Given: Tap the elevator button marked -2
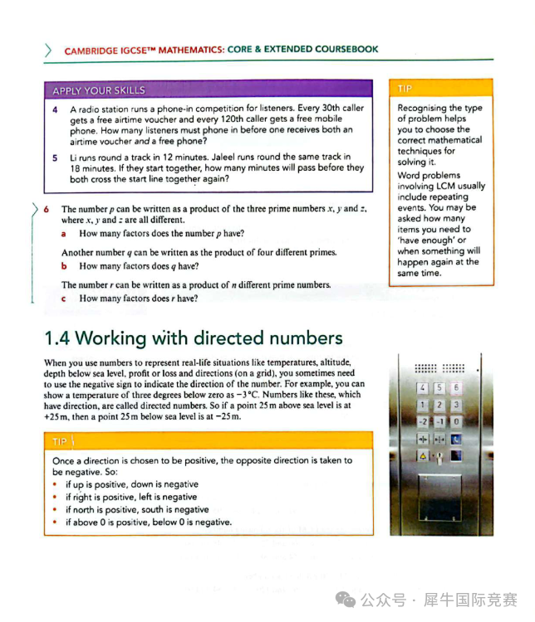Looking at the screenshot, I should [422, 420].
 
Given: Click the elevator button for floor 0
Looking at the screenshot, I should [456, 420].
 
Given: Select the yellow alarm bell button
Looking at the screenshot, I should [422, 454].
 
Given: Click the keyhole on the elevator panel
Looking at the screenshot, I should [439, 455].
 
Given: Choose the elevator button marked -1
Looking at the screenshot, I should [439, 420].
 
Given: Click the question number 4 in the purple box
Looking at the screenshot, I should [55, 109].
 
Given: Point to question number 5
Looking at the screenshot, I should [55, 157].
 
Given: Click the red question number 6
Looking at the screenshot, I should [47, 209].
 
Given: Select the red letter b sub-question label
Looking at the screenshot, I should [64, 266].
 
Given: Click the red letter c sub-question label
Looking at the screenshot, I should [64, 298].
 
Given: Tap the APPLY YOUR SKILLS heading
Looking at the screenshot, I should [99, 90].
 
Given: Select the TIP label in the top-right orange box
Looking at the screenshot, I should [405, 88].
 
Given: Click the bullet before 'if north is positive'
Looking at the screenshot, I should [55, 510].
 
